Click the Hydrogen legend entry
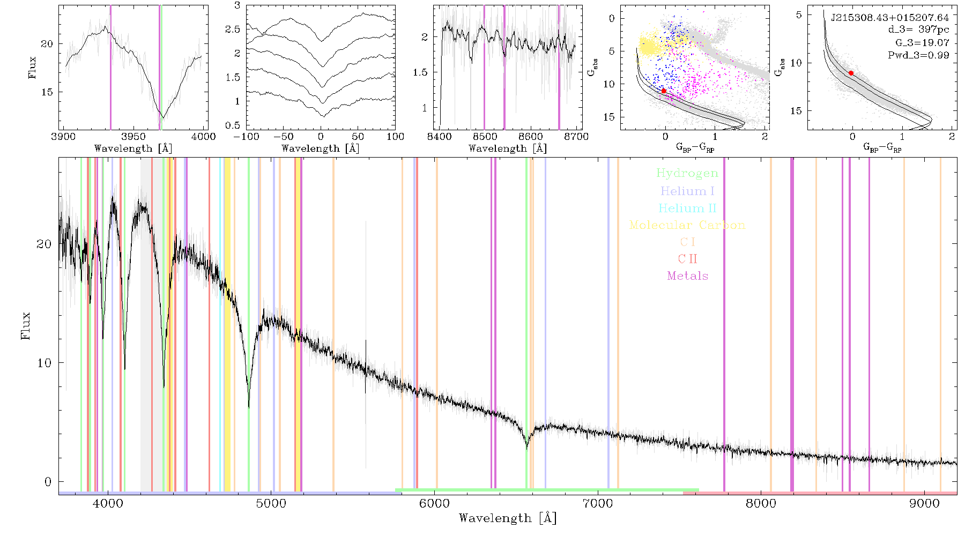[x=687, y=174]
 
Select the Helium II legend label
[x=687, y=208]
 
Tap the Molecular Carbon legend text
[x=687, y=225]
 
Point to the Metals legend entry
[x=688, y=276]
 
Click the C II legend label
[x=688, y=259]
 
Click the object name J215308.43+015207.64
[x=890, y=18]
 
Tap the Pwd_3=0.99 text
[x=919, y=55]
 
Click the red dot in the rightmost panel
[x=851, y=73]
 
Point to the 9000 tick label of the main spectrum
[x=924, y=504]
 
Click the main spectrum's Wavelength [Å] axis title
[x=508, y=518]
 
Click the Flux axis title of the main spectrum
[x=25, y=325]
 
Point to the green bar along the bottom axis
[x=547, y=490]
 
